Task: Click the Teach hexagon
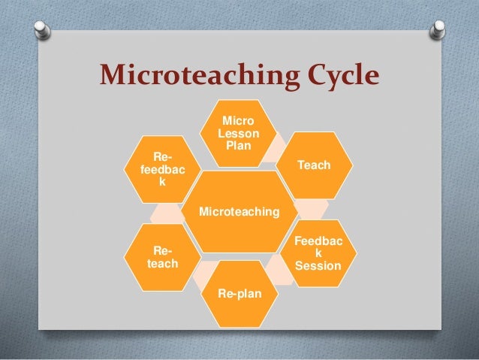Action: [314, 165]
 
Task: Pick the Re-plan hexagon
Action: [239, 293]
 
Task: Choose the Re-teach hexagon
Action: [161, 257]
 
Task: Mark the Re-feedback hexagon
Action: [161, 169]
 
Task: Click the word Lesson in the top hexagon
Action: [238, 133]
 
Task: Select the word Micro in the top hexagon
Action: [238, 121]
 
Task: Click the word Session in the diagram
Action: [317, 266]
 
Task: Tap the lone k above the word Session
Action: [317, 254]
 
